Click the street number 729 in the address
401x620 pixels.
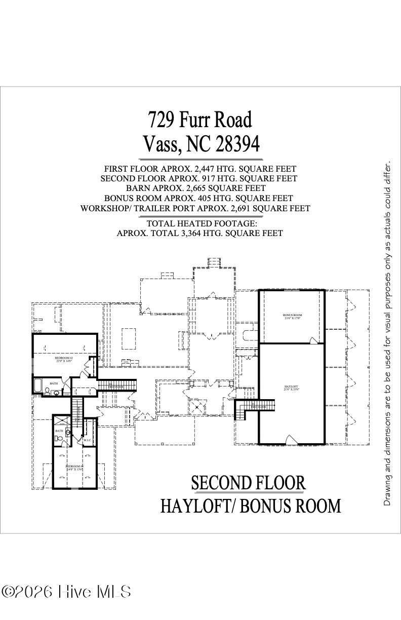162,120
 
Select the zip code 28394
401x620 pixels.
237,145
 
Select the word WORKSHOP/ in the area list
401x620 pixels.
102,208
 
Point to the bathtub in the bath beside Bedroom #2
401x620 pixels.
38,386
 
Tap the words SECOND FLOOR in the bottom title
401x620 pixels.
248,483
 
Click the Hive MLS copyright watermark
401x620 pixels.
66,592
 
